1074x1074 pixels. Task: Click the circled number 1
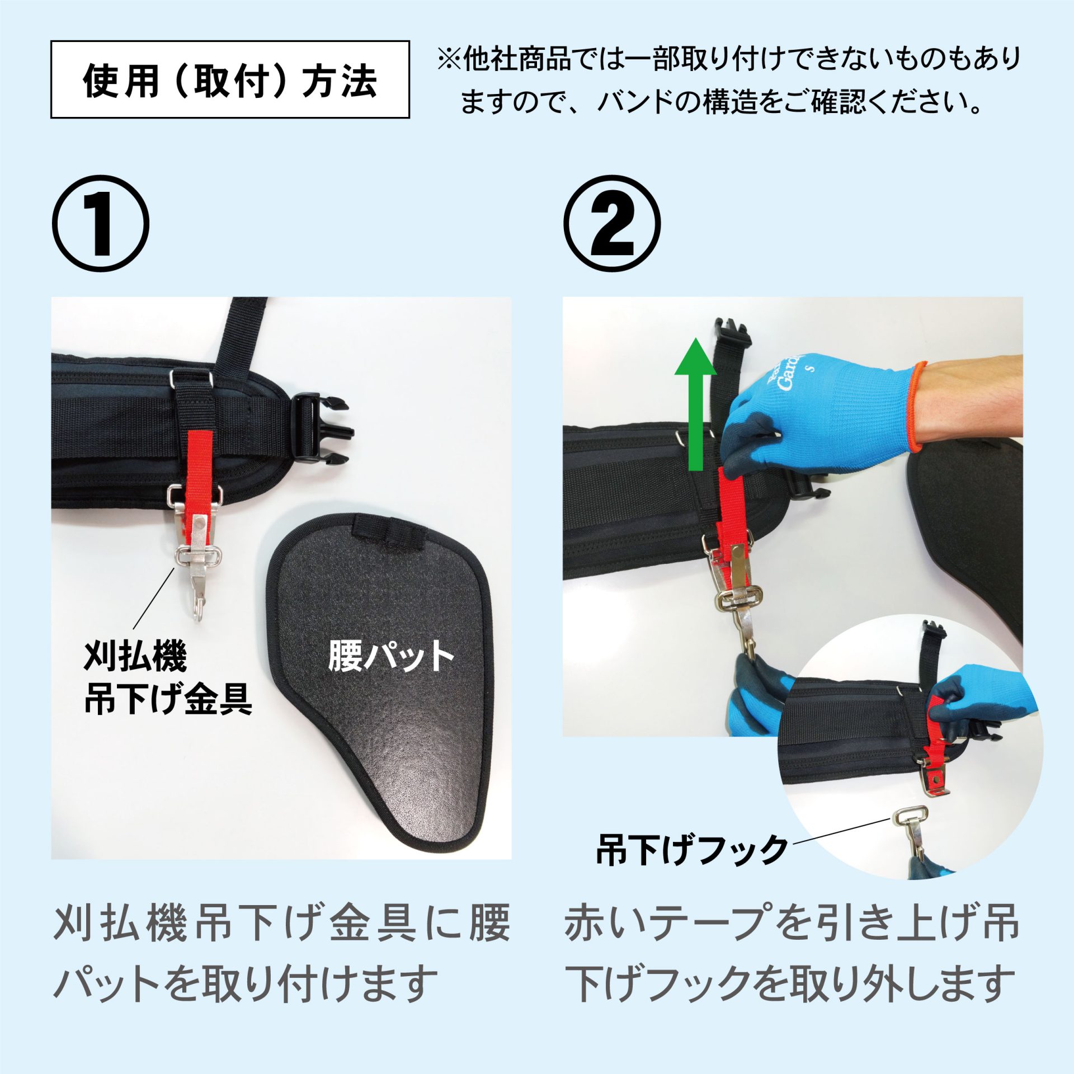pos(101,224)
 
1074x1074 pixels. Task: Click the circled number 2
pos(612,224)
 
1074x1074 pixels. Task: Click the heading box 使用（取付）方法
pos(230,79)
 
